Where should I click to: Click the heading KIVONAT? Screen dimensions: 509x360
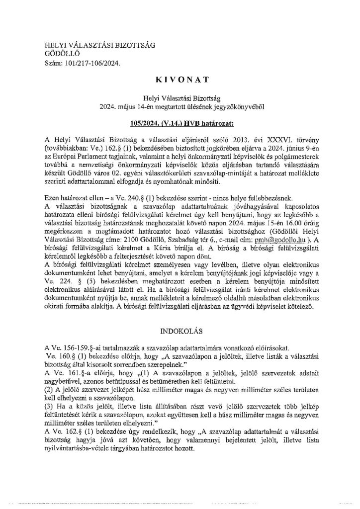coord(180,79)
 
